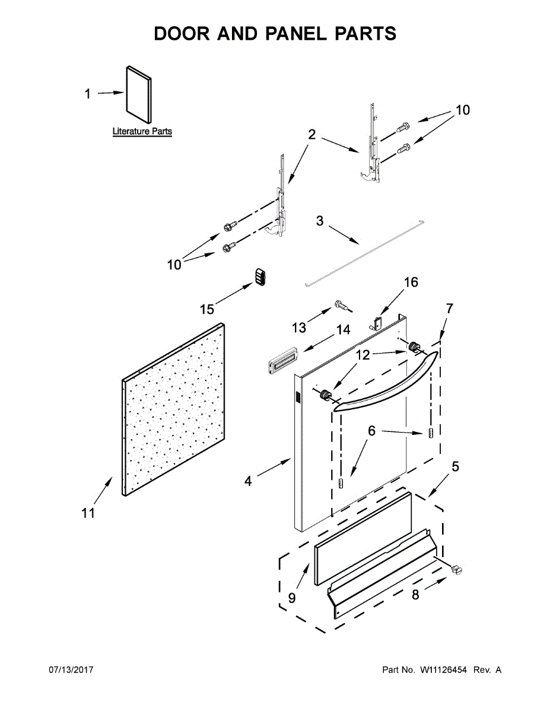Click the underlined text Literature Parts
click(142, 131)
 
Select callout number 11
click(88, 513)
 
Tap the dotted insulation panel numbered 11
click(173, 409)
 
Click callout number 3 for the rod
click(320, 221)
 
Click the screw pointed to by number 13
click(342, 306)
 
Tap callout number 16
click(411, 282)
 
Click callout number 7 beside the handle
click(449, 309)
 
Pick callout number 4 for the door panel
click(248, 481)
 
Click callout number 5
click(455, 466)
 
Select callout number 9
click(291, 597)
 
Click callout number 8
click(415, 595)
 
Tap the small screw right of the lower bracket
click(457, 570)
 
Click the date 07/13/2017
click(71, 670)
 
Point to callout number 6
click(371, 431)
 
